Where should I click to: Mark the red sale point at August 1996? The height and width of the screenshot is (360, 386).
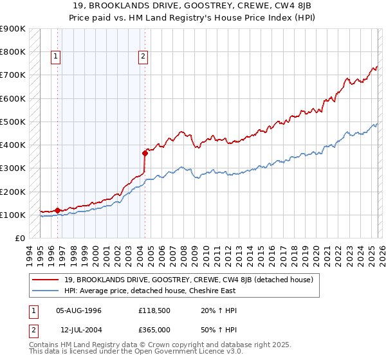pos(57,210)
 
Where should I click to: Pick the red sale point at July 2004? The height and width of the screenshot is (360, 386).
pos(145,152)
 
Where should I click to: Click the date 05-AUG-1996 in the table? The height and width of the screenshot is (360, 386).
pos(79,310)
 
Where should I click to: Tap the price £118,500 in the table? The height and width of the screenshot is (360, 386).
pos(154,310)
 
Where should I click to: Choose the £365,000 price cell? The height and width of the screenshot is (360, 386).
pos(154,330)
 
